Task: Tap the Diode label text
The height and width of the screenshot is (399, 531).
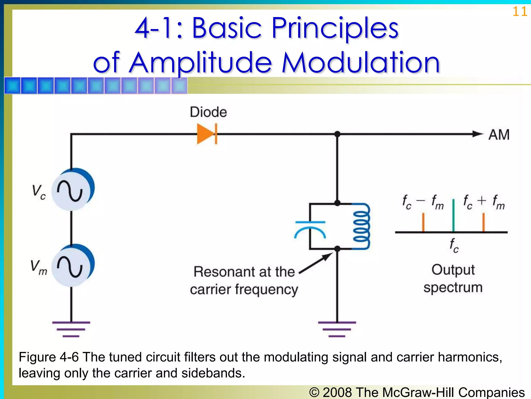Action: [208, 112]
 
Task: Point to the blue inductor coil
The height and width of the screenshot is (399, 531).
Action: [361, 226]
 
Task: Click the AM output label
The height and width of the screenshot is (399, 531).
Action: [499, 135]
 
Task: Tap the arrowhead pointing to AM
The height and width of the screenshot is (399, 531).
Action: [478, 134]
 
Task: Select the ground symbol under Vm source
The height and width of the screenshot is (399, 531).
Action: [71, 329]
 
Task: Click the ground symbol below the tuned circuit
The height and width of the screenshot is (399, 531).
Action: [337, 329]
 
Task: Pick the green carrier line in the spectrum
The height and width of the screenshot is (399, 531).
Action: [453, 216]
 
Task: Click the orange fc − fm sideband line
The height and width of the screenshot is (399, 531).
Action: [423, 222]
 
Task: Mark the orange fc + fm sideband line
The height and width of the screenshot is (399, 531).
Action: [484, 222]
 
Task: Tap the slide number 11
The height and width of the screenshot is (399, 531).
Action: [520, 12]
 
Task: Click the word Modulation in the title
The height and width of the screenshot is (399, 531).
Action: [361, 63]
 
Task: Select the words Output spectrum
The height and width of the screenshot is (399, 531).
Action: [453, 279]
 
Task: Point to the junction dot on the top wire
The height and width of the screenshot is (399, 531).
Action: [337, 134]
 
